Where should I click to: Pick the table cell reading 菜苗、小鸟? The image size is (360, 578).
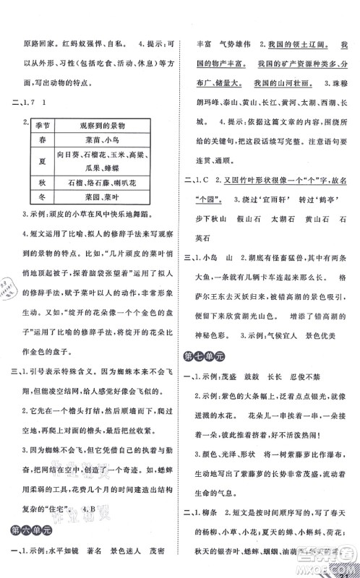pyautogui.click(x=110, y=142)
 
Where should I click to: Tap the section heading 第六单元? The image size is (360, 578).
pyautogui.click(x=30, y=531)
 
